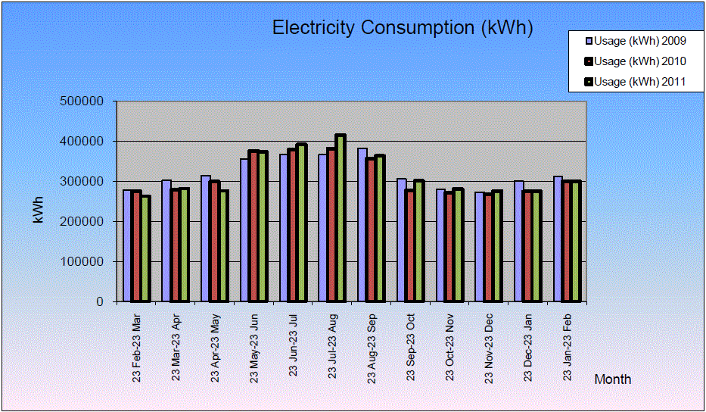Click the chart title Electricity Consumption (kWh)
403,28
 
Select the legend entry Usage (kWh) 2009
639,41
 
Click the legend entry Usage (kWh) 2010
639,61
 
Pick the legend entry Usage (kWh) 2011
639,82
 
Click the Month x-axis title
612,379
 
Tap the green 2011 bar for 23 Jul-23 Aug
341,220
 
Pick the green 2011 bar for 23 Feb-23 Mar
145,250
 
